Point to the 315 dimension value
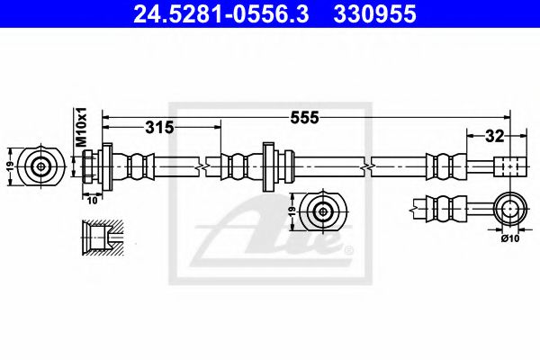(x=159, y=128)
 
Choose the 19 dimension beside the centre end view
(x=290, y=213)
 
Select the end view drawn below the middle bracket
(x=321, y=212)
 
